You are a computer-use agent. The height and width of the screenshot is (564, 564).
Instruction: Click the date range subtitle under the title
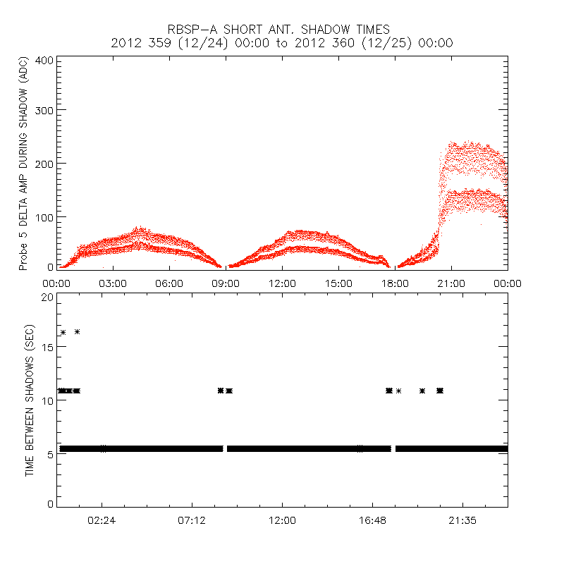282,43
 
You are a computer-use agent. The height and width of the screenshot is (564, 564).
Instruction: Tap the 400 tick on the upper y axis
44,60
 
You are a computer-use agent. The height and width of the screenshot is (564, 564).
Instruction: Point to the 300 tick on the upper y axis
44,110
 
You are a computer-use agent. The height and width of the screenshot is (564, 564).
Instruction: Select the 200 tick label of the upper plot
44,163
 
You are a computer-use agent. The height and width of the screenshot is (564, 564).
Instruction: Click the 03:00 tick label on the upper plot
113,283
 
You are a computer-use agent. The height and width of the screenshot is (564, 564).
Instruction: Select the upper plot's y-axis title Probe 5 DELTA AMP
23,164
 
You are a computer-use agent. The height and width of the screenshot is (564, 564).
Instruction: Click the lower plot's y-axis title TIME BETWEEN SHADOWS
30,400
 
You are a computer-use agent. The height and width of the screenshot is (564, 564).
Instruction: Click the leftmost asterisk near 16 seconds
63,332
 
